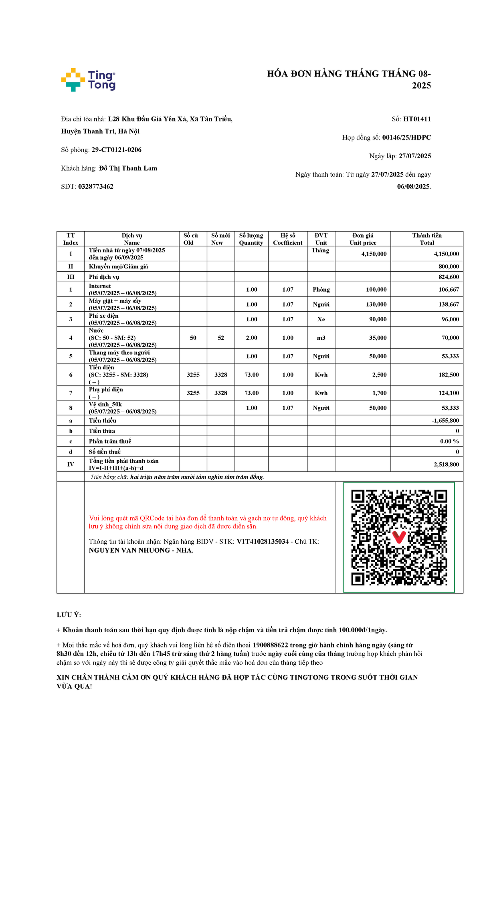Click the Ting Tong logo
click(88, 80)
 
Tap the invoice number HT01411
click(417, 119)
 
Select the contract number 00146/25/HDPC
click(406, 137)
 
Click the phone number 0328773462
click(96, 187)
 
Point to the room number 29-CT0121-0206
click(116, 150)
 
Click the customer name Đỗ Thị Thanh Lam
click(128, 168)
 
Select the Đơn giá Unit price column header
click(363, 239)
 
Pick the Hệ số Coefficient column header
click(287, 239)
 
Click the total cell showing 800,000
click(449, 266)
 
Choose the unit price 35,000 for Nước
click(378, 338)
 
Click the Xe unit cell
click(321, 319)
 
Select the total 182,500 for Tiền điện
click(449, 375)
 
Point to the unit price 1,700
click(379, 393)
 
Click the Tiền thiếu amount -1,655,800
click(445, 421)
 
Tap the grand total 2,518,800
click(446, 465)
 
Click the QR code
click(399, 537)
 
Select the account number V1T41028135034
click(263, 542)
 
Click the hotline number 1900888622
click(270, 645)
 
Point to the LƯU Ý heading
click(69, 615)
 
